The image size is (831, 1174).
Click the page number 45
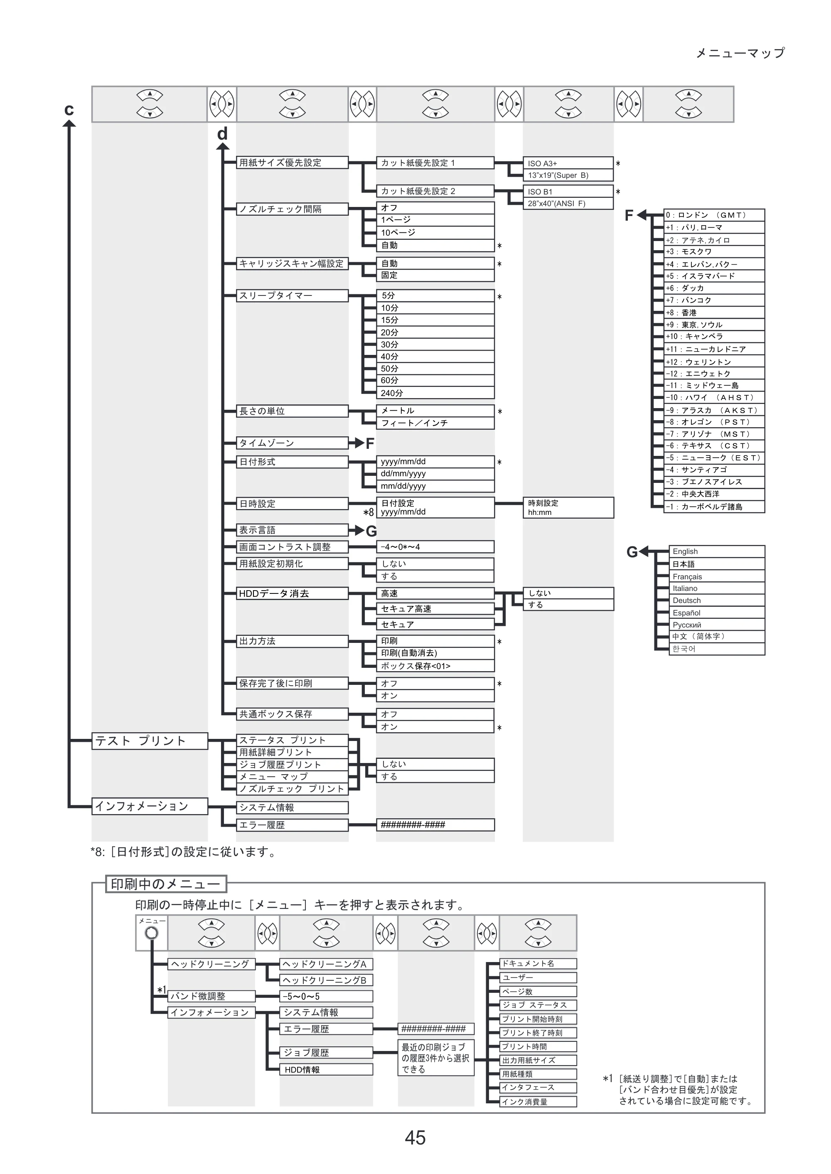click(415, 1138)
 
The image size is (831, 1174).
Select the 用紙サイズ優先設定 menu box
click(292, 163)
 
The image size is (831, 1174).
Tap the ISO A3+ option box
click(568, 163)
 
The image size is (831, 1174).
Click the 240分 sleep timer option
click(435, 393)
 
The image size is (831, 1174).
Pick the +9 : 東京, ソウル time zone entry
click(714, 325)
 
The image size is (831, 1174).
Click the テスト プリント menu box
click(150, 741)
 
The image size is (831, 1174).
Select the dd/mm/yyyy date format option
click(435, 474)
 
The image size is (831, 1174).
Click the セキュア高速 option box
click(435, 608)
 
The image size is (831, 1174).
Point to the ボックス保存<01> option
click(435, 666)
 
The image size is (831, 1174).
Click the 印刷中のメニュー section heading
click(166, 884)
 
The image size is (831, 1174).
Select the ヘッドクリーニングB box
click(326, 980)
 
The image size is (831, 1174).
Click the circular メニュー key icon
click(152, 933)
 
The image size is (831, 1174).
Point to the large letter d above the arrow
click(222, 133)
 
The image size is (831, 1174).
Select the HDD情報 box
click(326, 1070)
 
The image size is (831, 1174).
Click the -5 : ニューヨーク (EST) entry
click(714, 458)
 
